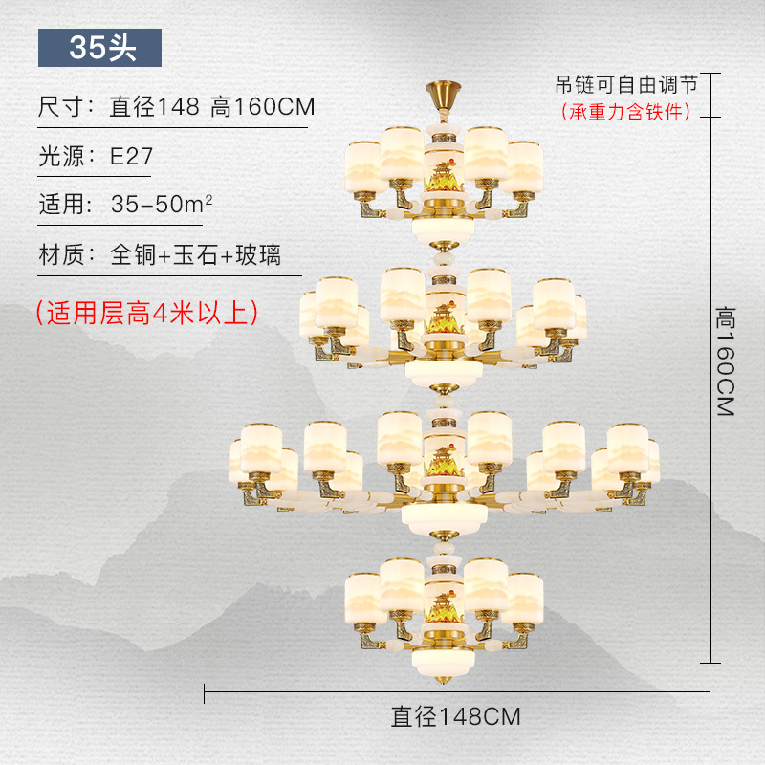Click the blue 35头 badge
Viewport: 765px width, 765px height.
(x=100, y=48)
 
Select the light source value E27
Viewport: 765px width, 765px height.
(x=131, y=157)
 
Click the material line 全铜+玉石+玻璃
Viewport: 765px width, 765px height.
(x=195, y=255)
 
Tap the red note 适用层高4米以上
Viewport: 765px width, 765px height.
(x=145, y=313)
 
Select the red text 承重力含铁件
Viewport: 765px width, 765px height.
(x=625, y=112)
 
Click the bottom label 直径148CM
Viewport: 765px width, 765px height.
(x=455, y=715)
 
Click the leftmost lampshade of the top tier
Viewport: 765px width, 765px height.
(x=363, y=165)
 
